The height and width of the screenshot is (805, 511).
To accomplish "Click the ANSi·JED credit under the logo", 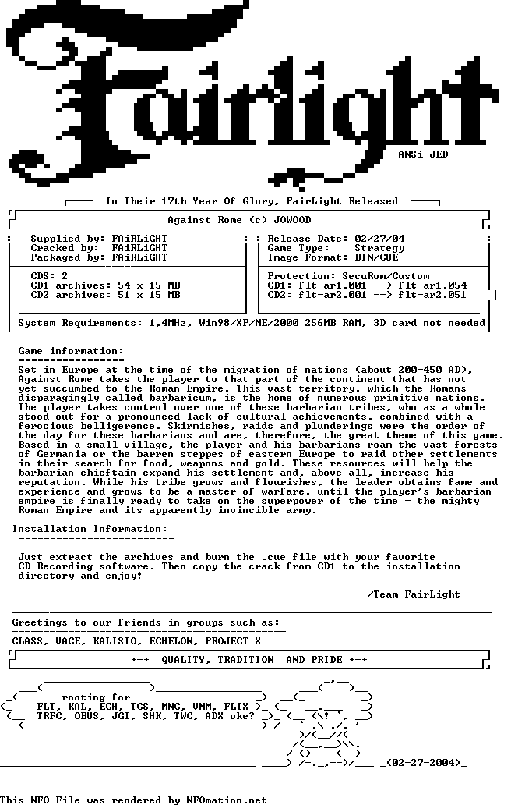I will click(x=423, y=154).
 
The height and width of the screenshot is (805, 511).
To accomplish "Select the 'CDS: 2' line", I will click(x=49, y=276).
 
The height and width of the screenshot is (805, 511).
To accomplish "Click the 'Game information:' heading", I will click(x=71, y=351).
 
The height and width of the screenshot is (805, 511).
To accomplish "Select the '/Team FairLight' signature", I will click(x=414, y=594).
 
